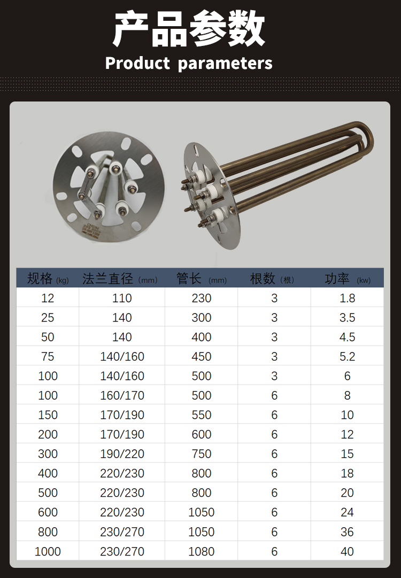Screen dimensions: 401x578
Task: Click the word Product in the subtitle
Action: (x=137, y=63)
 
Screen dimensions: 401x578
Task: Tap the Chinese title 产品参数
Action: (x=189, y=29)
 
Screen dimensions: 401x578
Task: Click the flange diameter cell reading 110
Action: (x=122, y=298)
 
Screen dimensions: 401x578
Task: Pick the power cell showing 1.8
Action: (x=347, y=298)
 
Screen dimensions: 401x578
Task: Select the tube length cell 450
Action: (x=202, y=356)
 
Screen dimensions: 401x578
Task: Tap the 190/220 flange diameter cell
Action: (x=122, y=454)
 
